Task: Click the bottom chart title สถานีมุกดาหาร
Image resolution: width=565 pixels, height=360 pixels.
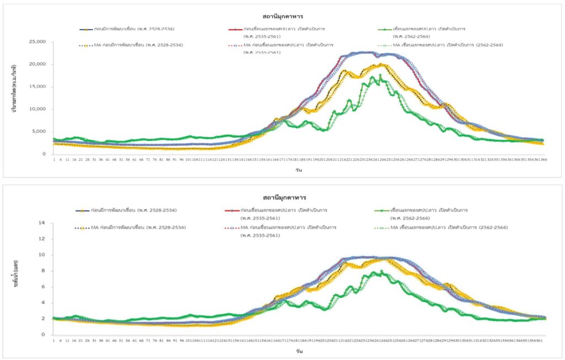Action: pos(282,197)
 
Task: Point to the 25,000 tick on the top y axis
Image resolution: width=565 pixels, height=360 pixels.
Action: pos(37,42)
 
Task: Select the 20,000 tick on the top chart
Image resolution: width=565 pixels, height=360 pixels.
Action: pos(37,65)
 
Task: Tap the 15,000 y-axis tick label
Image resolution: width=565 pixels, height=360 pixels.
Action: pos(37,87)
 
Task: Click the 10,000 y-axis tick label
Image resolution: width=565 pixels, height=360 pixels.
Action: pos(37,109)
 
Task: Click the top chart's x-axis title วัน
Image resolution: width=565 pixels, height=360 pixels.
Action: pos(298,170)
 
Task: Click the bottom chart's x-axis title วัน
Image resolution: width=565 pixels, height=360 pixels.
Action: pos(298,351)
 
